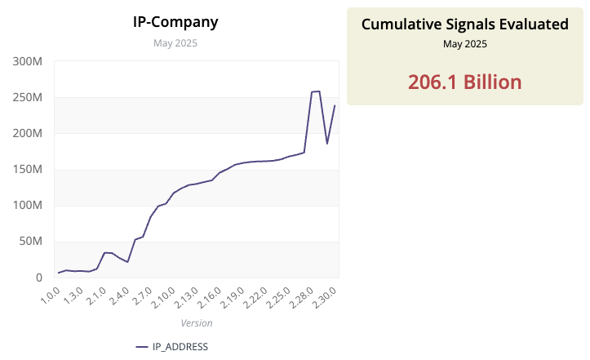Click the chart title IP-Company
tap(175, 22)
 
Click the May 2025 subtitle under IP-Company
tap(175, 43)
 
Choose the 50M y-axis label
tap(30, 242)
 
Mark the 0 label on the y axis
tap(38, 278)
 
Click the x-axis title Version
tap(196, 323)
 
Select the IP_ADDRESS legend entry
tap(172, 347)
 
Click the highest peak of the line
tap(318, 91)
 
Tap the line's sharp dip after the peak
tap(327, 144)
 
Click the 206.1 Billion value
tap(464, 82)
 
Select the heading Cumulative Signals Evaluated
tap(464, 24)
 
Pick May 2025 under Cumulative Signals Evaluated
tap(464, 44)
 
